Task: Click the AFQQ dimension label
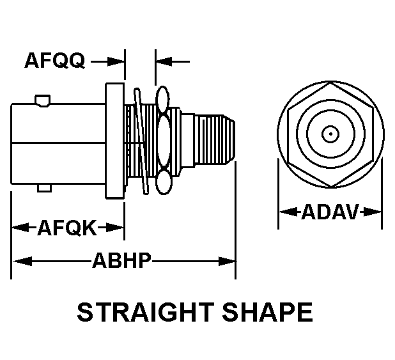[54, 61]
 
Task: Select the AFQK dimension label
[66, 227]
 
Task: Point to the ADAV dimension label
[330, 212]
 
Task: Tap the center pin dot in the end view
[330, 134]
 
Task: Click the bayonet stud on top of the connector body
[42, 100]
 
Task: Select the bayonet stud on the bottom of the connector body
[43, 187]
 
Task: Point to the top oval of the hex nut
[162, 98]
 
